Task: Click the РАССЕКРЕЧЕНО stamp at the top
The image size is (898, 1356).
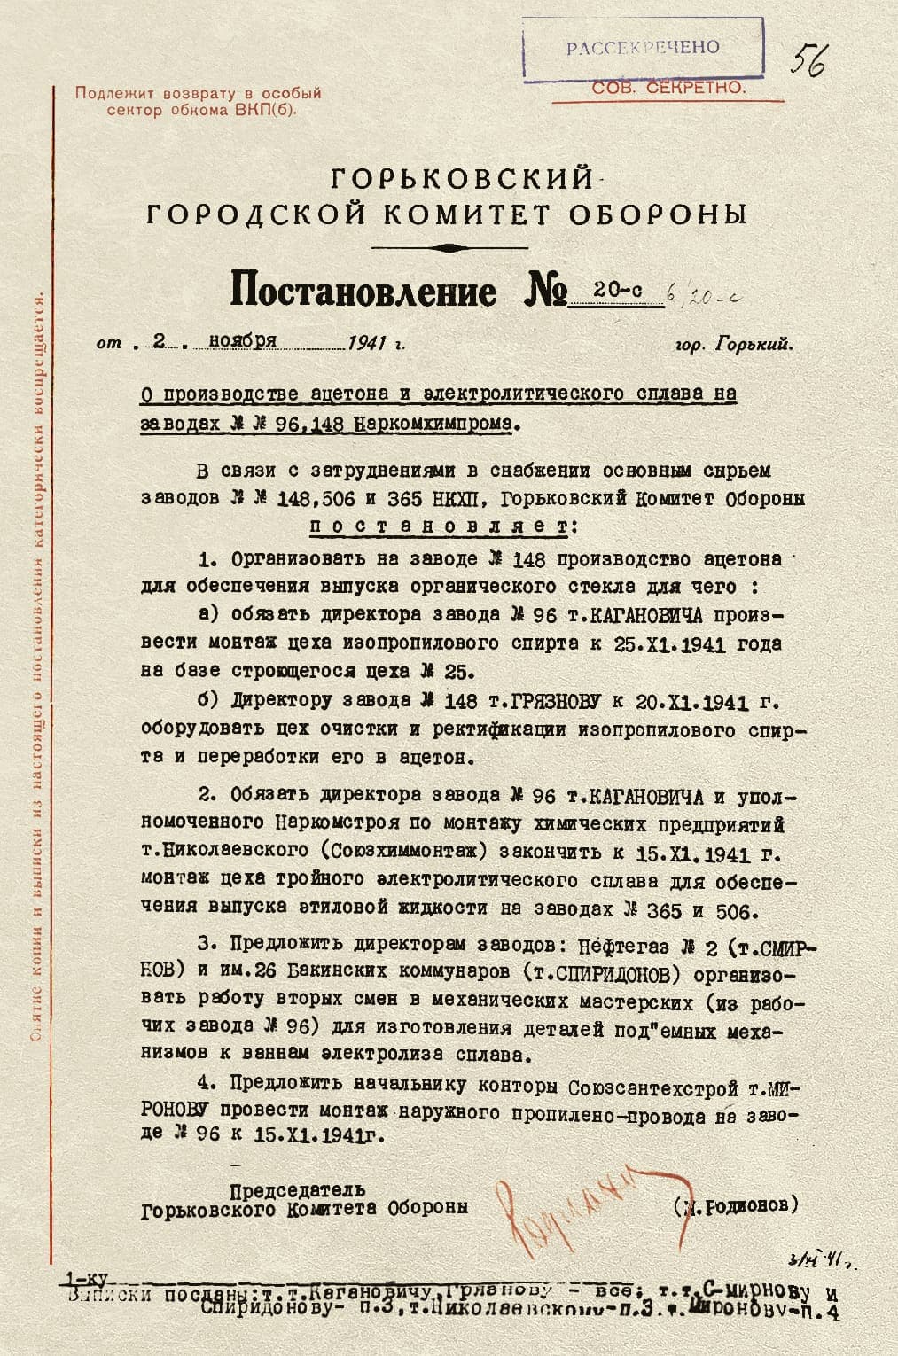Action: pos(643,47)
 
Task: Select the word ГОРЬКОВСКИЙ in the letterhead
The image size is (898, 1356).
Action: pos(462,179)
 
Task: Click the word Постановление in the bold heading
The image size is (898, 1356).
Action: pos(363,291)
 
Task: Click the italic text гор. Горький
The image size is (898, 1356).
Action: pos(733,345)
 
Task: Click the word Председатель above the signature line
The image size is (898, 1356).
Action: pos(298,1189)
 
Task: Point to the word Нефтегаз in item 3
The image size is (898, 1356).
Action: pos(621,946)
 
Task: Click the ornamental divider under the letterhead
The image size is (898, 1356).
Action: pos(449,247)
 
